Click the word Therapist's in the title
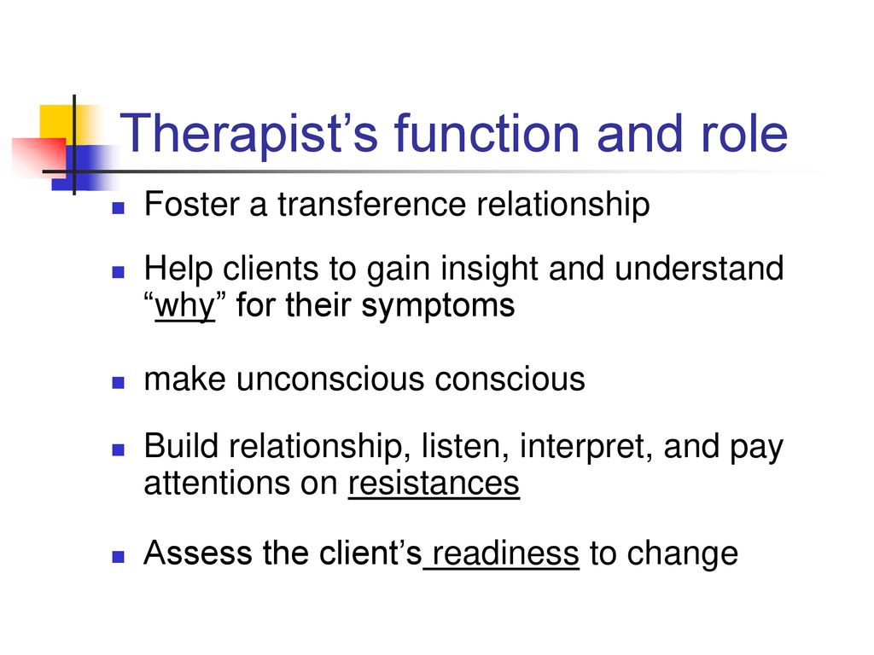tap(248, 134)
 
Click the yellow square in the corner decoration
tap(57, 124)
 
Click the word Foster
tap(192, 204)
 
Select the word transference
tap(371, 204)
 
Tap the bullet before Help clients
tap(118, 272)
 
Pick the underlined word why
tap(184, 305)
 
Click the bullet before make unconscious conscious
tap(118, 383)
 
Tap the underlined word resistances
tap(434, 483)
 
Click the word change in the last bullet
tap(682, 554)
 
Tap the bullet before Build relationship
tap(118, 449)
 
